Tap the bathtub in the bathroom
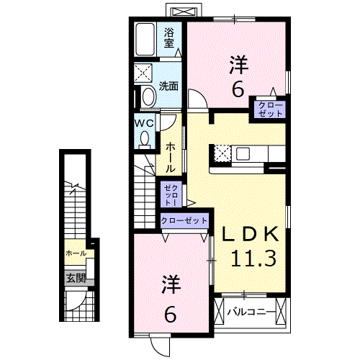145,40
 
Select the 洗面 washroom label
168,86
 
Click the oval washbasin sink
148,96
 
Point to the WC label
144,123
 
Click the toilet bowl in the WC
145,139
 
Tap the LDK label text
251,233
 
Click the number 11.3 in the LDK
253,258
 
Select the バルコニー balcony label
251,312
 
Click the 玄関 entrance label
76,278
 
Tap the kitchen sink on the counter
243,153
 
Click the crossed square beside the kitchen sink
222,153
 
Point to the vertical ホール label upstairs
170,157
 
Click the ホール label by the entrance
76,253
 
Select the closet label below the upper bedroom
270,109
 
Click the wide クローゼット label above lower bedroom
184,220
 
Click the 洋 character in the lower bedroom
171,284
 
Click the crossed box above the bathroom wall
184,12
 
